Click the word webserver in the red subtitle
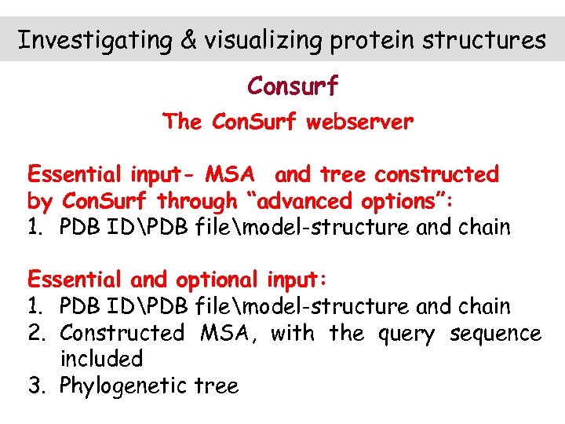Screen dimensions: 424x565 pos(360,122)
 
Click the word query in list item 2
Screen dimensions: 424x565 pos(406,334)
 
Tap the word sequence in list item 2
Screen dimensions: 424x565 pos(495,334)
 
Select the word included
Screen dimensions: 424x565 pos(101,360)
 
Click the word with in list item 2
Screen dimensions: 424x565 pos(291,333)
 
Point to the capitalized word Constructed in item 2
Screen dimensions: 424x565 pos(122,333)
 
